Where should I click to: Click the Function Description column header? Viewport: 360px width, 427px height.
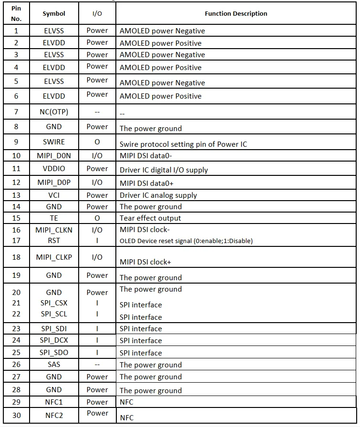[236, 14]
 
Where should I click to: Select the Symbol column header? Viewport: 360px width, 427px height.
[54, 14]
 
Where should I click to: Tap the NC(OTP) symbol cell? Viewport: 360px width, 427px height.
[54, 112]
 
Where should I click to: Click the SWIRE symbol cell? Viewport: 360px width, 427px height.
[54, 142]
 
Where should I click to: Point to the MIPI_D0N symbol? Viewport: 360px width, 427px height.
[54, 156]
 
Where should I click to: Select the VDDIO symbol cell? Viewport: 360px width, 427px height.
[54, 169]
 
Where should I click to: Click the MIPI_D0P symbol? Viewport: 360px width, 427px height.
[54, 182]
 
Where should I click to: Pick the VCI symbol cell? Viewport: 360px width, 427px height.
[54, 195]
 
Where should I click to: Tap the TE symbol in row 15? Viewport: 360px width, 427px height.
[54, 218]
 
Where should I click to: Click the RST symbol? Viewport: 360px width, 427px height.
[54, 240]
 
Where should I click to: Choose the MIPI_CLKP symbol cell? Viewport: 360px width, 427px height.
[54, 257]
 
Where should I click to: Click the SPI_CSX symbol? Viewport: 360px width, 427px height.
[54, 303]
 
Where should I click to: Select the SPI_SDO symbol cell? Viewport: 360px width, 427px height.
[54, 353]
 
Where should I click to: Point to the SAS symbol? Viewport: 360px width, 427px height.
[54, 365]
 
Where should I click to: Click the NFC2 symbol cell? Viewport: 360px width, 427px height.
[54, 415]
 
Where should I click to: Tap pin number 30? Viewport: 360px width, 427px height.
[17, 415]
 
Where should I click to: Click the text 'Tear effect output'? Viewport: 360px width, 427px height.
[150, 218]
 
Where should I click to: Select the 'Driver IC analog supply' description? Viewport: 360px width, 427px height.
[158, 195]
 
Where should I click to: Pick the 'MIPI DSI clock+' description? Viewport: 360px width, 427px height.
[145, 262]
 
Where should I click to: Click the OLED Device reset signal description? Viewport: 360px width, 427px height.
[186, 241]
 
